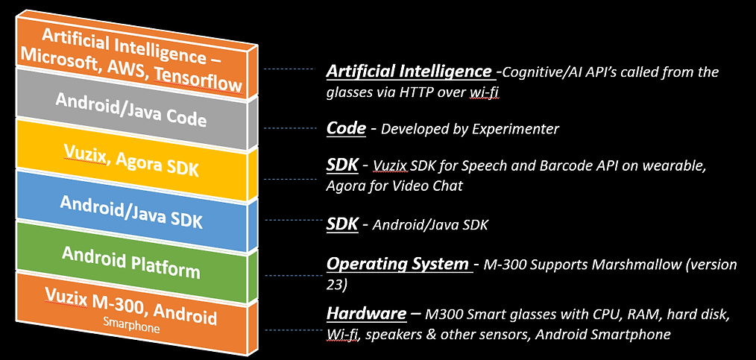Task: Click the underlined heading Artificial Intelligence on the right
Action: tap(409, 72)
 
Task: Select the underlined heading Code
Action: tap(346, 128)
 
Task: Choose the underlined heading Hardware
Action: tap(366, 313)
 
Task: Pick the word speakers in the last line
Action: tap(388, 335)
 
